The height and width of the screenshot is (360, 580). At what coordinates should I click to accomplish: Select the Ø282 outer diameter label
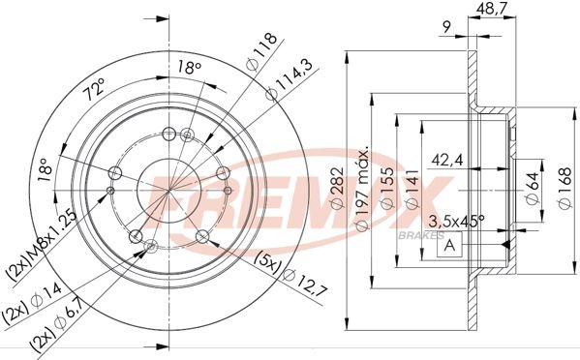click(338, 191)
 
